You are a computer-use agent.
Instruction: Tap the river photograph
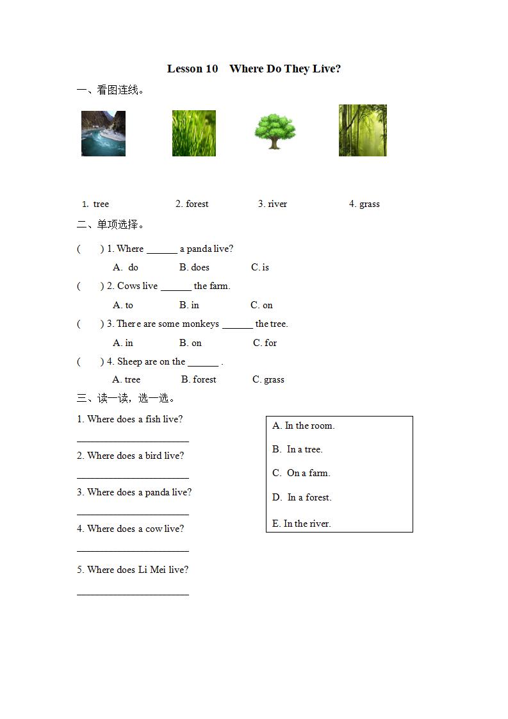pos(103,133)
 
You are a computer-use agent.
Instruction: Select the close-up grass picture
pos(193,133)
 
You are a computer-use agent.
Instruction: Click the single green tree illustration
pos(275,131)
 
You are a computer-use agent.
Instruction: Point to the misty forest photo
pos(363,131)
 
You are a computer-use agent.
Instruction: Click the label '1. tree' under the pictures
pos(95,204)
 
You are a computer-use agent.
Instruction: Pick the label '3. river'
pos(272,204)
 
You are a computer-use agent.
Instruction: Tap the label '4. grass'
pos(364,204)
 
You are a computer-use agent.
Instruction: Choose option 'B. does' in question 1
pos(194,267)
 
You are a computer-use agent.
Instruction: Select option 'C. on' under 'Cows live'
pos(261,305)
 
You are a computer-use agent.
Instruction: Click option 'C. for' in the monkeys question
pos(265,343)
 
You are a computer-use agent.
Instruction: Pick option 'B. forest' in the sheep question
pos(199,379)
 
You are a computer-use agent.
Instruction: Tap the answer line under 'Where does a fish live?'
pos(133,440)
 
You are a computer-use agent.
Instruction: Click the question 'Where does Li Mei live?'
pos(133,570)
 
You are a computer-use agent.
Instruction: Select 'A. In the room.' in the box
pos(303,426)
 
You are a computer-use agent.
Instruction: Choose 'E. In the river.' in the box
pos(301,524)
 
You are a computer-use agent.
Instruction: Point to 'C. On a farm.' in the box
pos(301,473)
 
